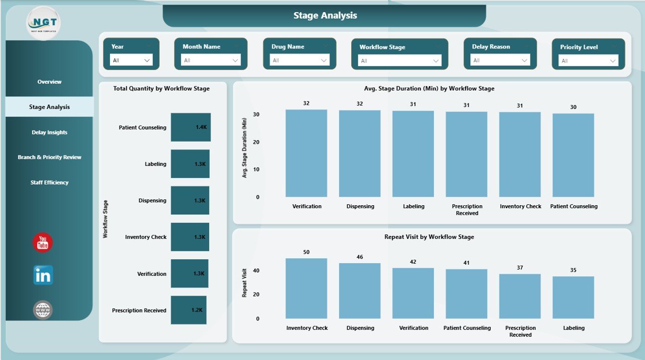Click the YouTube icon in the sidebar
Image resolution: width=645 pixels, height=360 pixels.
[43, 243]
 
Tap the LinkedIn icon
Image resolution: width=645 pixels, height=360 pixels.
[43, 275]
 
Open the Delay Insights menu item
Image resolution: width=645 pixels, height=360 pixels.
[49, 132]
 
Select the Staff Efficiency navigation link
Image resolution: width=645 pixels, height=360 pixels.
[49, 183]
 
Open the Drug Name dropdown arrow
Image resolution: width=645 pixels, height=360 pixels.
[324, 61]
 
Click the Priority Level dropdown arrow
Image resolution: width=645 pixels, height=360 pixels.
[613, 61]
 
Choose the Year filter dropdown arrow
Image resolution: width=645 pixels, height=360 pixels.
[147, 61]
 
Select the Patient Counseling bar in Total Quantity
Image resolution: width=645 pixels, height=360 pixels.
[190, 127]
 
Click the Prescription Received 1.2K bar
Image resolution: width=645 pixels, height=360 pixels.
[188, 310]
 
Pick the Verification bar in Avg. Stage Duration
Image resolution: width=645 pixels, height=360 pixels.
[306, 153]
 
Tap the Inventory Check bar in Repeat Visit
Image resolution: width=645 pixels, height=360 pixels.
[306, 288]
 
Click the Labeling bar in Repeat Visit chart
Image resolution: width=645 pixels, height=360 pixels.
[573, 297]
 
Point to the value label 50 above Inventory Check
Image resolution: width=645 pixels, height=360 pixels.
[306, 252]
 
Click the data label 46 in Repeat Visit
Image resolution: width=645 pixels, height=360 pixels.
[360, 257]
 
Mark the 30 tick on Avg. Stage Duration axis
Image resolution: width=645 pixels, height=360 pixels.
[256, 114]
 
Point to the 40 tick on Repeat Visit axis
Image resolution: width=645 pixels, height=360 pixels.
[256, 271]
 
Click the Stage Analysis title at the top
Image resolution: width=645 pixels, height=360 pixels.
[325, 16]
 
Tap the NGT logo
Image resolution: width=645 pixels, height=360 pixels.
[43, 23]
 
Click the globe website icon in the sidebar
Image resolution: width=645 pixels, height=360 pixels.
[43, 310]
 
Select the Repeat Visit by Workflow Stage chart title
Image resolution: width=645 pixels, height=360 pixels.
[429, 236]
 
